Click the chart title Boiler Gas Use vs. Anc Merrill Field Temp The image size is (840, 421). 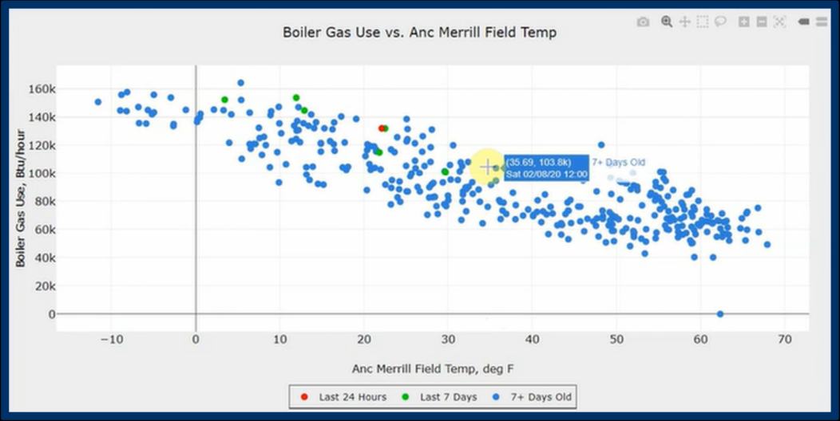[419, 33]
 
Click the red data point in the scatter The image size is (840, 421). [382, 128]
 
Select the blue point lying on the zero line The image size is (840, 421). [720, 314]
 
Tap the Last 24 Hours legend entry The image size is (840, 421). [343, 397]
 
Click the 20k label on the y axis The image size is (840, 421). [45, 286]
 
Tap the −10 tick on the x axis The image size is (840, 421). [112, 339]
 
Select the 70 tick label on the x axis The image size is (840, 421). [784, 339]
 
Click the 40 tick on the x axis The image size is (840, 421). [532, 339]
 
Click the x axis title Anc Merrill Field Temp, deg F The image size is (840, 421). [434, 368]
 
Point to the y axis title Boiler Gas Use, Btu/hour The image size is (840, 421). [20, 199]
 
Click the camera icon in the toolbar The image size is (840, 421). [643, 22]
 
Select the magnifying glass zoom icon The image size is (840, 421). [667, 22]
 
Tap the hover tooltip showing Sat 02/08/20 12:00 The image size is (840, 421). [546, 168]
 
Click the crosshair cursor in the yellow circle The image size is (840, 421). [487, 167]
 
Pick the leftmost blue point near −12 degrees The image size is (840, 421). [98, 101]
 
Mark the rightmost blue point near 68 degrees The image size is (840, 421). [767, 245]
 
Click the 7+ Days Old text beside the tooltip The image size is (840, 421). [618, 162]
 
